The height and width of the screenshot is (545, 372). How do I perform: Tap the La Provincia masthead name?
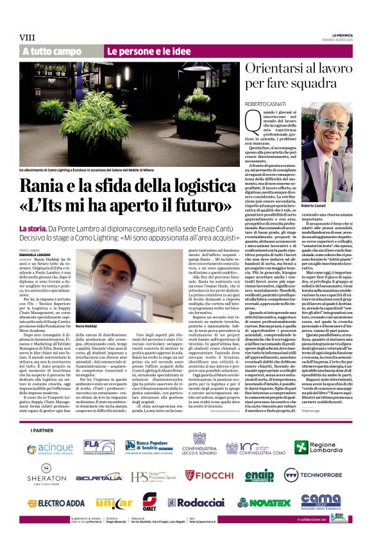click(x=342, y=33)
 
